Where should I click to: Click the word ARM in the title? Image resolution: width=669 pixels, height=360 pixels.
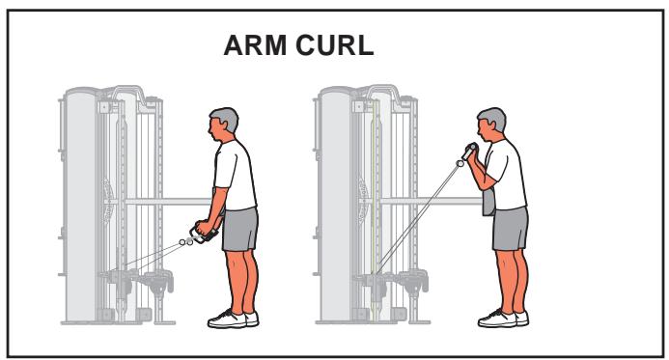pyautogui.click(x=259, y=48)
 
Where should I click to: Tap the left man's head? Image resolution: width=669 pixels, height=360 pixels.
pyautogui.click(x=221, y=124)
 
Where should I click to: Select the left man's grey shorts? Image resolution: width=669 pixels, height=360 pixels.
pyautogui.click(x=241, y=229)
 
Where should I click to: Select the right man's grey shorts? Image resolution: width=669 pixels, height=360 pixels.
pyautogui.click(x=510, y=229)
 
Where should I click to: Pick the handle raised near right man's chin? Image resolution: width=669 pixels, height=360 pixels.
pyautogui.click(x=470, y=152)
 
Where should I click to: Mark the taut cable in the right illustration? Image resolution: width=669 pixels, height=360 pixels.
pyautogui.click(x=425, y=213)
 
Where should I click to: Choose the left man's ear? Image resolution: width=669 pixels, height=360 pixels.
pyautogui.click(x=224, y=126)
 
